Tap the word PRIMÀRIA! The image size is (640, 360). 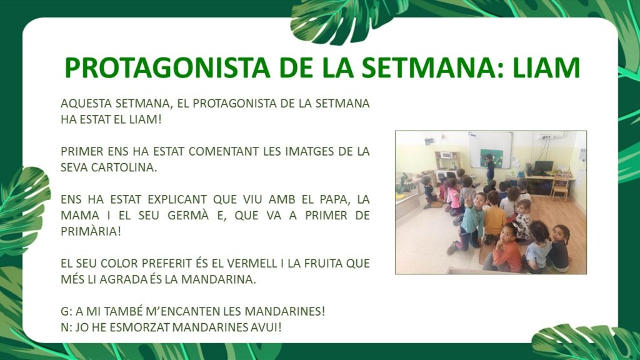coord(91,231)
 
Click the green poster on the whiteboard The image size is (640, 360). coord(491,157)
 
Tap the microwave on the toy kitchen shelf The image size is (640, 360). coord(446,155)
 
